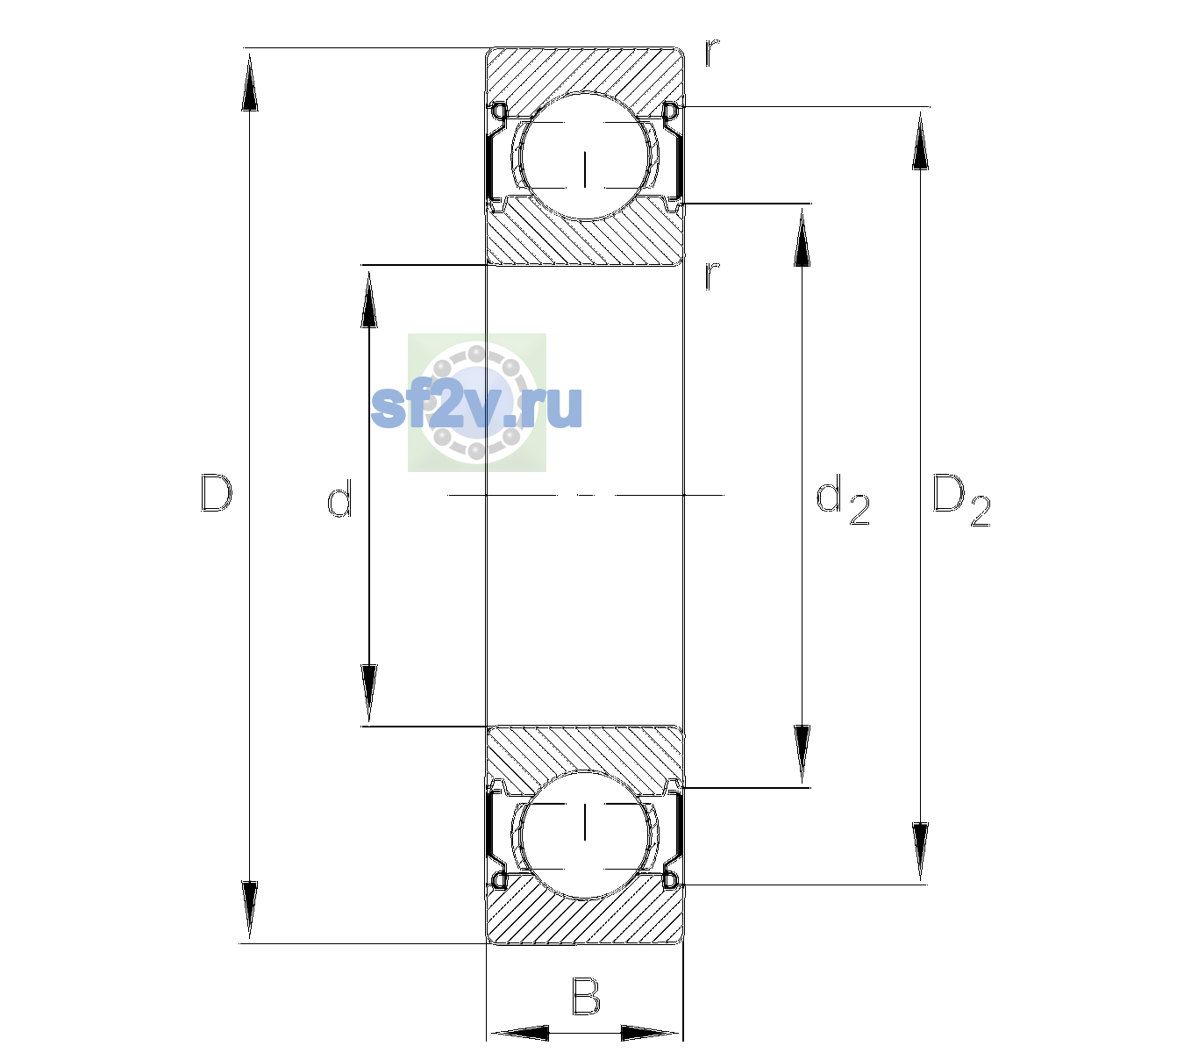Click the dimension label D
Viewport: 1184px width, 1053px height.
[x=216, y=493]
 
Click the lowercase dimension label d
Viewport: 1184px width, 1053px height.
[x=339, y=498]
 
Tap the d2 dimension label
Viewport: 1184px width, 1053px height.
[x=842, y=500]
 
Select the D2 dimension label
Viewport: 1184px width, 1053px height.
[x=961, y=501]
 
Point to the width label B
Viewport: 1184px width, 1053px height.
[x=586, y=996]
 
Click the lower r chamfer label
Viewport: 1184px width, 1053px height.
[x=712, y=276]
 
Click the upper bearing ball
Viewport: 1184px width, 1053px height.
[x=585, y=156]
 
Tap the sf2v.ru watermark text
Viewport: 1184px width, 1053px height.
[x=477, y=406]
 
